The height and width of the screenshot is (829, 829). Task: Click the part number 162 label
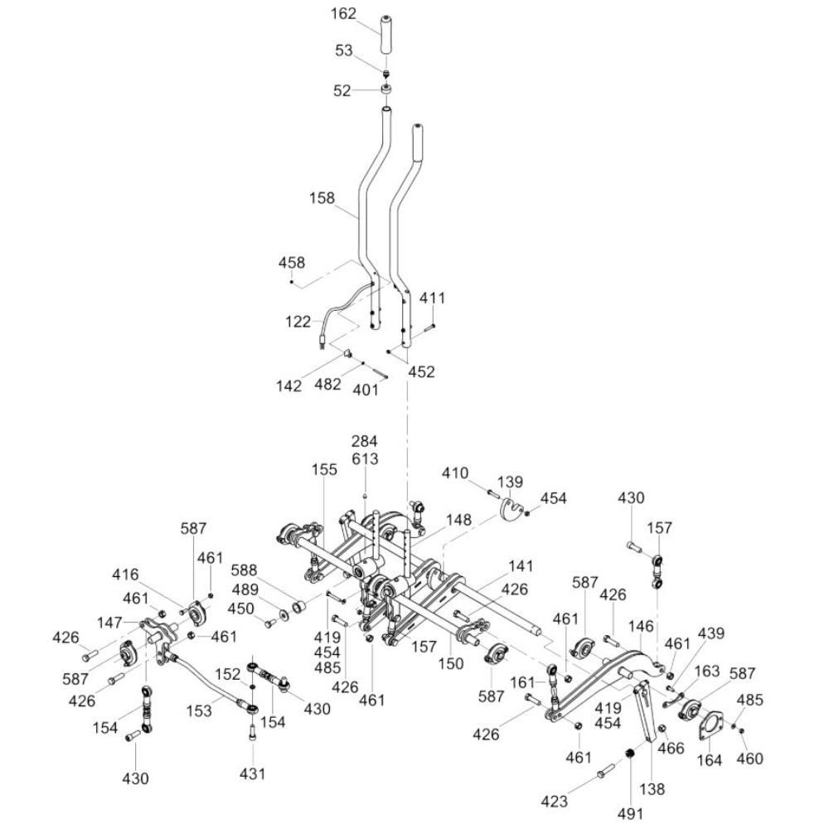pos(342,14)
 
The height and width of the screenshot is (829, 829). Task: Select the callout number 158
pos(322,198)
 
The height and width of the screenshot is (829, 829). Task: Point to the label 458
pos(291,263)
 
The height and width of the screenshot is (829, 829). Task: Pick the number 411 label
pos(432,298)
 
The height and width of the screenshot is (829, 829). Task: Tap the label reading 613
pos(365,458)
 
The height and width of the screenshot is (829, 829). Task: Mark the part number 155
pos(325,470)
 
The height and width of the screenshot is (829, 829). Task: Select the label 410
pos(455,473)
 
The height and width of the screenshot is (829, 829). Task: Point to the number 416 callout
pos(126,574)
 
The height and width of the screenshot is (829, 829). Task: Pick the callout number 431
pos(253,773)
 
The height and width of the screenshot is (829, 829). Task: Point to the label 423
pos(555,801)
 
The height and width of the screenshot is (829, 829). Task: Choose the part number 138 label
pos(653,789)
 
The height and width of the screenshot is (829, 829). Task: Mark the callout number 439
pos(710,633)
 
